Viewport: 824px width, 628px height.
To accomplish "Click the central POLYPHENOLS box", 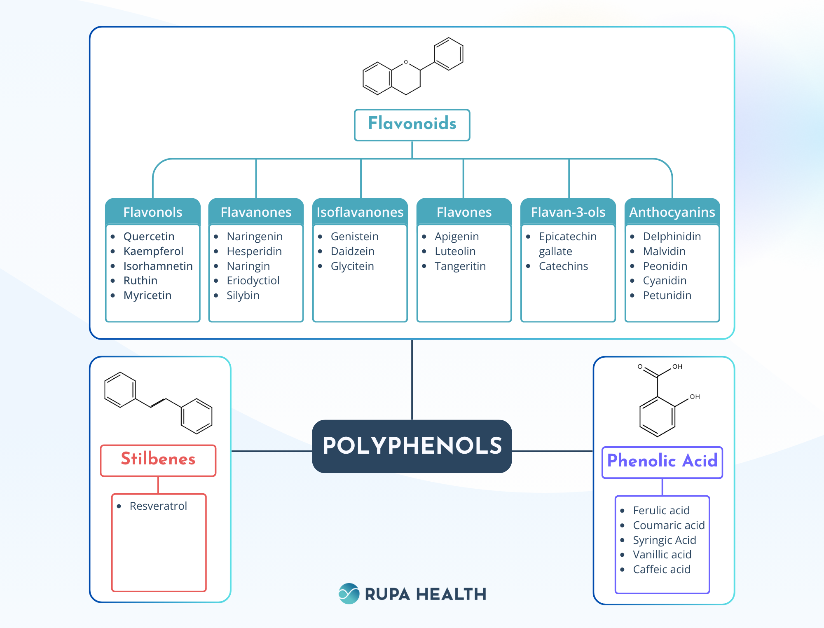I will pos(412,446).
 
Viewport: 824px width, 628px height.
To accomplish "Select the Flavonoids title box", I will pos(412,124).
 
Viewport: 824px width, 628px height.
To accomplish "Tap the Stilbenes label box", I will pos(158,460).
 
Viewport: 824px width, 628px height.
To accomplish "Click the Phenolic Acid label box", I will pos(662,462).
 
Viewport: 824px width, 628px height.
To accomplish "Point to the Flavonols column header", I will pos(153,212).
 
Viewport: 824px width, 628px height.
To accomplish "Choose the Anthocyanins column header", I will pos(672,212).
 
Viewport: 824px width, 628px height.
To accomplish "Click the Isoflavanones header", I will pos(360,212).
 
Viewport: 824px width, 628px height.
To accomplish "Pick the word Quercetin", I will pos(149,237).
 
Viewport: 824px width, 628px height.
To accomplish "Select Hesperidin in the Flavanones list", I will pos(254,251).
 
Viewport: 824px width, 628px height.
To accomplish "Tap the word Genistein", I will pos(354,237).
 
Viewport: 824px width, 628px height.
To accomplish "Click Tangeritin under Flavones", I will pos(460,266).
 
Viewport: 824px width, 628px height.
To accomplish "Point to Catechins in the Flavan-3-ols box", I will pos(563,266).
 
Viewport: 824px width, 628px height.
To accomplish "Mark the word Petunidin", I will pos(667,295).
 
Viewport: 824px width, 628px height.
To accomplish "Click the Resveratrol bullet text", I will pos(158,506).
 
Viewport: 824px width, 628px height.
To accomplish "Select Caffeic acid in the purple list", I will pos(661,569).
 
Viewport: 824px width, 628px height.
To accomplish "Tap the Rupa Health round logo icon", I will pos(349,593).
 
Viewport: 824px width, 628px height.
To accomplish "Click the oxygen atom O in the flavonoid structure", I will pos(406,62).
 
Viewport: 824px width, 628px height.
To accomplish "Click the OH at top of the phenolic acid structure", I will pos(677,366).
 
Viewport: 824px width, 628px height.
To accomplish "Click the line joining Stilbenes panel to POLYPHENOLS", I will pos(272,451).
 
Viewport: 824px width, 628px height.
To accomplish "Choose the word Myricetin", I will pos(147,295).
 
